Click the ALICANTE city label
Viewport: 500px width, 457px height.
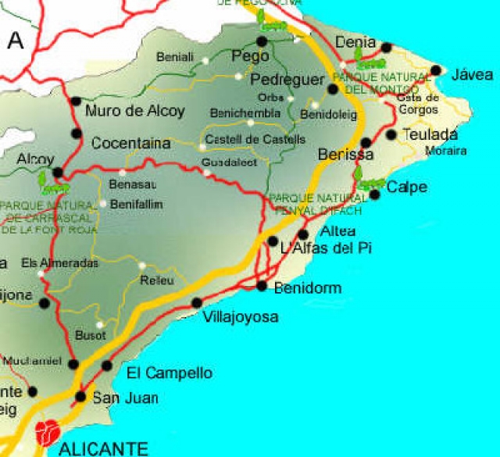point(103,448)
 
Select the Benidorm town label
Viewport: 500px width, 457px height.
point(308,288)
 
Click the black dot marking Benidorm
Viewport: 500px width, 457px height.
point(262,286)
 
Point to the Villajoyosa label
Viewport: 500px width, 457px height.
point(240,317)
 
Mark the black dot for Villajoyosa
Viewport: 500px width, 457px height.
point(197,303)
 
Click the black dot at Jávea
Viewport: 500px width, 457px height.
point(436,70)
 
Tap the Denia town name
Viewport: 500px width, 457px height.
point(355,42)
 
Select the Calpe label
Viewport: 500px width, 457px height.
point(407,187)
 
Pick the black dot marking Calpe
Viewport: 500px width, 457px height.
point(375,194)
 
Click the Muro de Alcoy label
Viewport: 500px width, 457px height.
point(135,110)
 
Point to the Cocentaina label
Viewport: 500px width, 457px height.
point(130,144)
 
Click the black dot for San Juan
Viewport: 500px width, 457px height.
point(80,397)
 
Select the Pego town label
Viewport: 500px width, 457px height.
point(251,56)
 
